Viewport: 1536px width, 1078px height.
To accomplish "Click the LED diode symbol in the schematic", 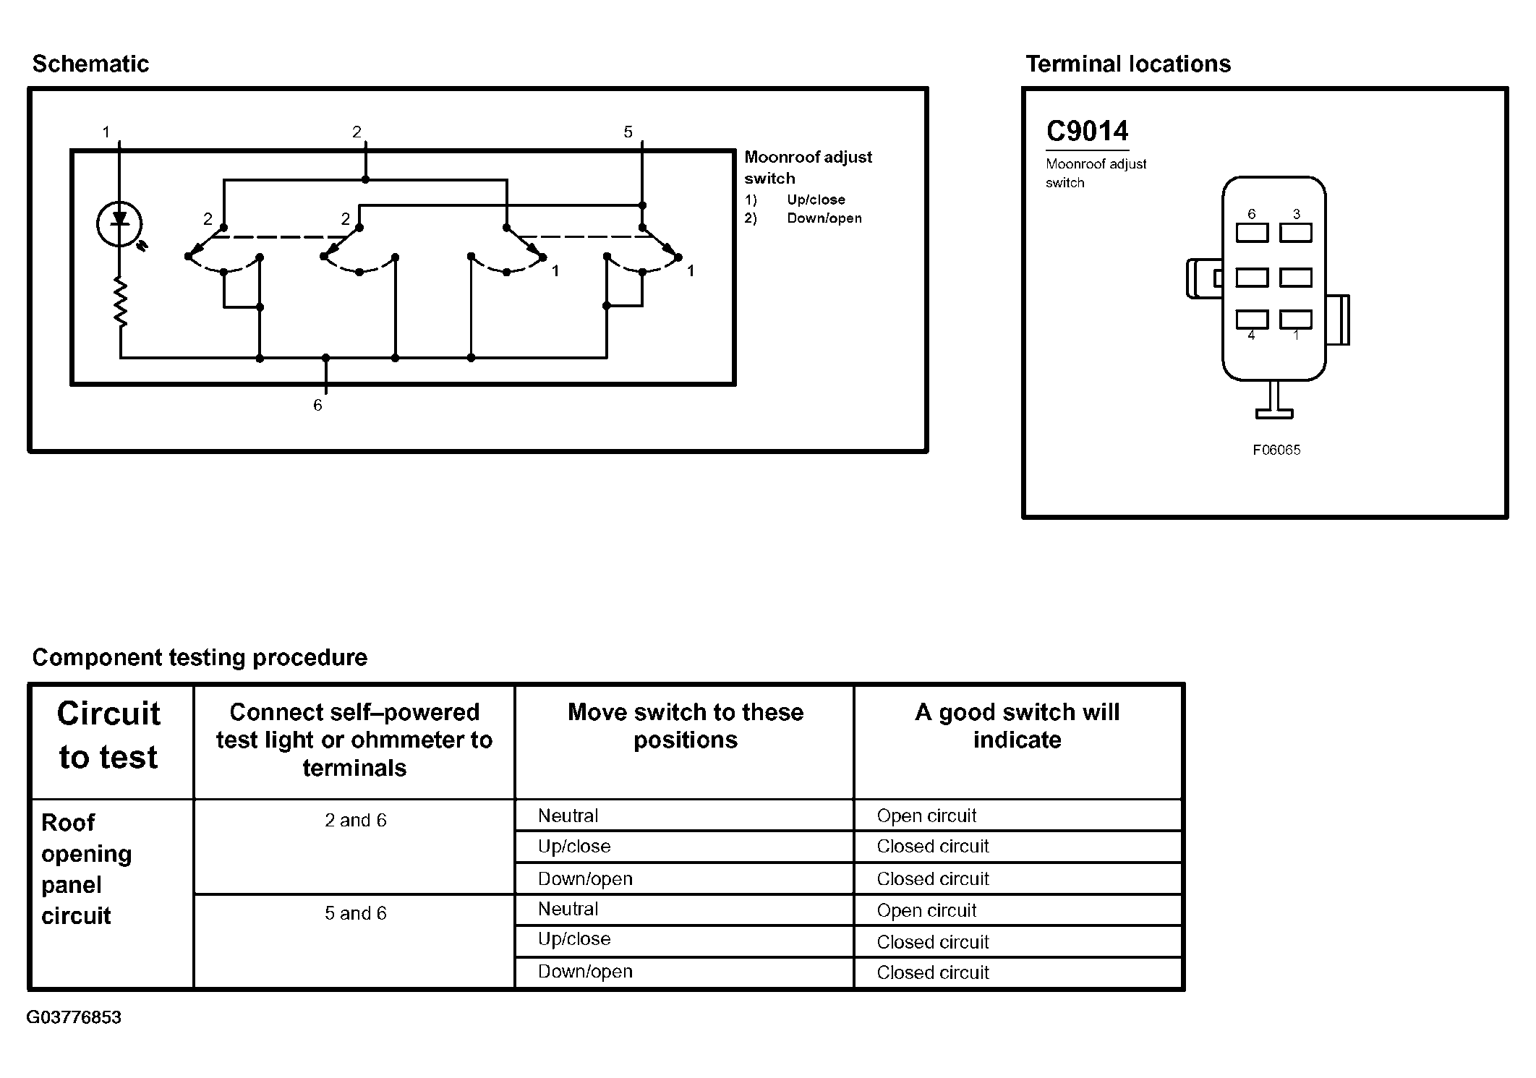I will pyautogui.click(x=119, y=223).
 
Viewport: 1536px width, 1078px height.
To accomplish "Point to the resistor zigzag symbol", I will pyautogui.click(x=120, y=301).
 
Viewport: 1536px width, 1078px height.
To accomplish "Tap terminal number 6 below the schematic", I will pyautogui.click(x=317, y=406).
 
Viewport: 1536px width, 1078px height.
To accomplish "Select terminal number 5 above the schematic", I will pyautogui.click(x=628, y=132).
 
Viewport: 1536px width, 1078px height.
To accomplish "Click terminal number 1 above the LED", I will pyautogui.click(x=106, y=132).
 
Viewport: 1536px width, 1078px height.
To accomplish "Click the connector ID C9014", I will pyautogui.click(x=1087, y=132).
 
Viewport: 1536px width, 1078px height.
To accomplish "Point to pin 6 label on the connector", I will pyautogui.click(x=1252, y=214).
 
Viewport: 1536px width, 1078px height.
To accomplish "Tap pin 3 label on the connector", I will pyautogui.click(x=1297, y=214).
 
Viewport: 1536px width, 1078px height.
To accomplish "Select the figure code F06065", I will pyautogui.click(x=1276, y=450).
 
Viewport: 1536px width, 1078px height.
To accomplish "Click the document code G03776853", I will pyautogui.click(x=74, y=1017).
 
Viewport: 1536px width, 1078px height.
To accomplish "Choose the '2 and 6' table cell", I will pyautogui.click(x=355, y=821).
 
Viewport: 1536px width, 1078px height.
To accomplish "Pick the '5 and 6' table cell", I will pyautogui.click(x=355, y=913).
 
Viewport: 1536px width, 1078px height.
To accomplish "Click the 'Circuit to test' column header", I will pyautogui.click(x=108, y=735).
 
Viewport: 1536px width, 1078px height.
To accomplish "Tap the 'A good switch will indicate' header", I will pyautogui.click(x=1017, y=726).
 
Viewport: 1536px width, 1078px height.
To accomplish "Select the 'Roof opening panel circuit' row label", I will pyautogui.click(x=85, y=869).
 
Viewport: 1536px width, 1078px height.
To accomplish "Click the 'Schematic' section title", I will pyautogui.click(x=90, y=64).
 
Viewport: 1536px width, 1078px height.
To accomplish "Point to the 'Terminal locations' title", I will pyautogui.click(x=1128, y=64).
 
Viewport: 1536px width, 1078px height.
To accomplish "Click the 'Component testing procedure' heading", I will pyautogui.click(x=200, y=657).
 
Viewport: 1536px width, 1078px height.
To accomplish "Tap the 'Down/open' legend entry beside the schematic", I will pyautogui.click(x=824, y=218).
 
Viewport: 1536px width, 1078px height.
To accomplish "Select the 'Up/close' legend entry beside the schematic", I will pyautogui.click(x=816, y=200).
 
